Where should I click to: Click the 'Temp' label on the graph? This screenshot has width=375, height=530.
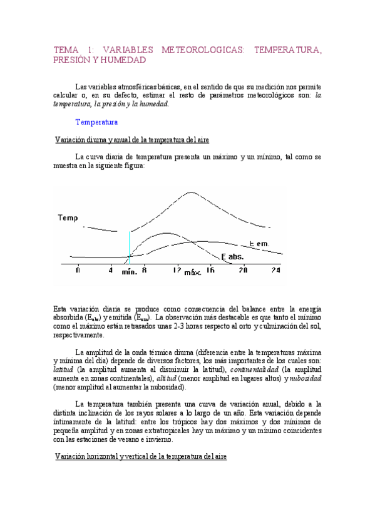pos(68,218)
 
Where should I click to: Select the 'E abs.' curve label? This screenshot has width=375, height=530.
pos(232,256)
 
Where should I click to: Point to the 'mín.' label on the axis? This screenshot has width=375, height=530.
pos(130,272)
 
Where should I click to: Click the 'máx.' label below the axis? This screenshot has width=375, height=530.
pos(193,273)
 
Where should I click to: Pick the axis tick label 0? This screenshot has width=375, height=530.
pos(78,270)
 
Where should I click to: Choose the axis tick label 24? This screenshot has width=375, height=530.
pos(275,270)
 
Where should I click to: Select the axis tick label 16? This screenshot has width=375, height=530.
pos(210,270)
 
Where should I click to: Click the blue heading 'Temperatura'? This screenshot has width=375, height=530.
pos(96,122)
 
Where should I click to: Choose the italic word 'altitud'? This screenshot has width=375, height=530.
pos(166,378)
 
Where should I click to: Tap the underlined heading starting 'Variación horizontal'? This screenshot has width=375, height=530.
pos(144,457)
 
